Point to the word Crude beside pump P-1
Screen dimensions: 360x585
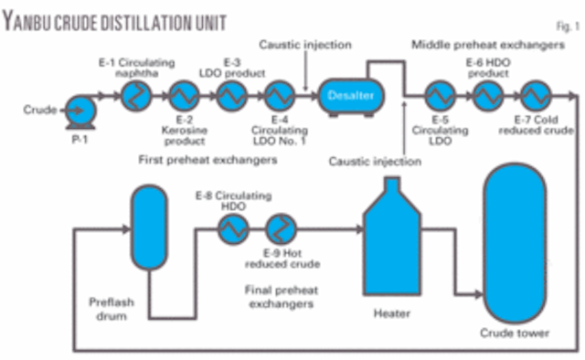point(38,111)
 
